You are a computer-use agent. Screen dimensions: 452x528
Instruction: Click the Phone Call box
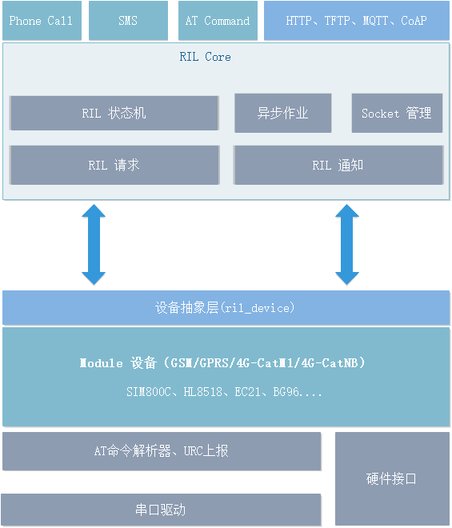tap(42, 21)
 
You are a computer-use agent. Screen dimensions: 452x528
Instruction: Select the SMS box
tap(128, 21)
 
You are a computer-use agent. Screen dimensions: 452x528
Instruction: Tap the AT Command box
tap(218, 21)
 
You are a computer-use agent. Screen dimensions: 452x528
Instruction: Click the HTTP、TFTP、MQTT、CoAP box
tap(357, 21)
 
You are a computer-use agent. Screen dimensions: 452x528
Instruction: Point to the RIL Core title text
tap(205, 57)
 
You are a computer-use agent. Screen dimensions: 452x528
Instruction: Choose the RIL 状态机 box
tap(114, 113)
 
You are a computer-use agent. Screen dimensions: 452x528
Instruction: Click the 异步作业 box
tap(283, 113)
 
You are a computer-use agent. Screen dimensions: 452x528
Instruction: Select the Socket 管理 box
tap(397, 113)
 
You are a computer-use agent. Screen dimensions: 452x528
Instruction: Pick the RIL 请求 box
tap(114, 165)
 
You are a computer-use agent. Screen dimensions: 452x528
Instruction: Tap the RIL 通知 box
tap(338, 165)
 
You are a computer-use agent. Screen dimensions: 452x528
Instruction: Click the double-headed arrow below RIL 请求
tap(94, 245)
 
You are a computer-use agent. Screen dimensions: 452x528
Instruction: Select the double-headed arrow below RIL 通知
tap(347, 245)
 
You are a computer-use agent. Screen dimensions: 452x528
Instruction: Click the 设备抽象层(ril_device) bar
tap(226, 308)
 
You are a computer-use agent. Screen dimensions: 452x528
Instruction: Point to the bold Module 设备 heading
tap(222, 363)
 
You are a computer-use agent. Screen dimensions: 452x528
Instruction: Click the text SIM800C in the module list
tap(149, 392)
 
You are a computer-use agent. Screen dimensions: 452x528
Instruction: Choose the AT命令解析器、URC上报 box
tap(162, 451)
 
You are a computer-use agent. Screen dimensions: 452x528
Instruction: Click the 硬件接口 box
tap(392, 479)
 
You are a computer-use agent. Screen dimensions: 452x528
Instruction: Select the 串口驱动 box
tap(161, 510)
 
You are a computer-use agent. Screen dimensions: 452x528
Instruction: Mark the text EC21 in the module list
tap(247, 392)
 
